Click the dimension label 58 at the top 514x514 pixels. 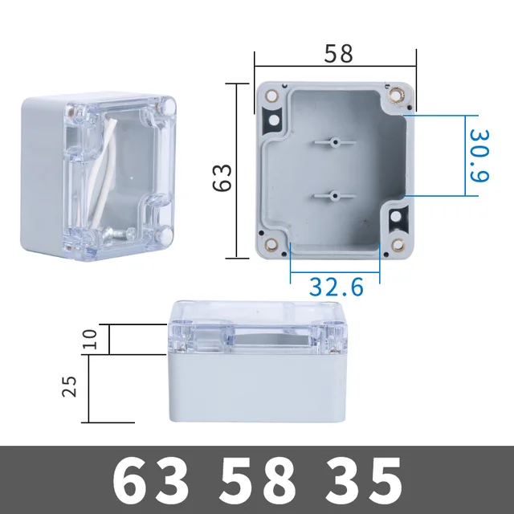click(338, 54)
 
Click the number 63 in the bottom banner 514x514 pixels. click(153, 481)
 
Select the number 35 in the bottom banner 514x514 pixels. click(363, 481)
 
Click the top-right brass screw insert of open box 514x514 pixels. click(397, 96)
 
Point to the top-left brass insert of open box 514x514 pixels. click(270, 96)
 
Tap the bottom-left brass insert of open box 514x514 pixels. click(271, 246)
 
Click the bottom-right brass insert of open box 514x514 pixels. click(396, 247)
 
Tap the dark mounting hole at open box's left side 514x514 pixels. click(272, 122)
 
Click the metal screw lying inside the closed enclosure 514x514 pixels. click(117, 233)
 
